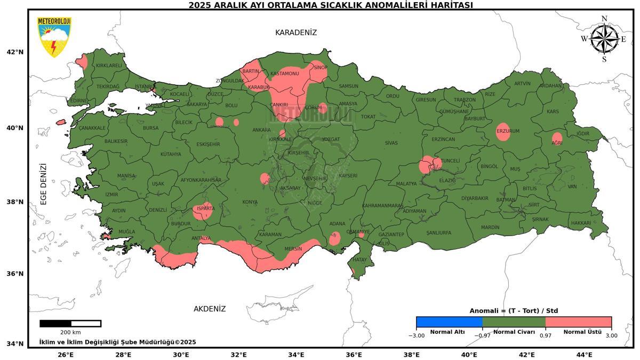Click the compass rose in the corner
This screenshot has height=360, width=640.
click(604, 39)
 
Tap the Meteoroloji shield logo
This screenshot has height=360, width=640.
click(53, 36)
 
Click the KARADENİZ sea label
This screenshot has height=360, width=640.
click(296, 33)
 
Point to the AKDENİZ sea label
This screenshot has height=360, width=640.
click(210, 309)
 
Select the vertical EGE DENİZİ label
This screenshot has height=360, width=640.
click(44, 184)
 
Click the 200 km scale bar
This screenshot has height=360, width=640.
click(70, 323)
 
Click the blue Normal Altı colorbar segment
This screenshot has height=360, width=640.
click(449, 322)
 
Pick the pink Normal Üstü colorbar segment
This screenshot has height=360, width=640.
click(578, 322)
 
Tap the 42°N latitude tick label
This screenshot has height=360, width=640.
click(15, 52)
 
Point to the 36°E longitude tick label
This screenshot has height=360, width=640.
click(354, 355)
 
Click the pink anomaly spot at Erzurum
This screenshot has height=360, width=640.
click(503, 132)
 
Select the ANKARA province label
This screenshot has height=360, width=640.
click(261, 130)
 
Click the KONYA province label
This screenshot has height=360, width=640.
click(250, 202)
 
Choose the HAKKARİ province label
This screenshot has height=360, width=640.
click(581, 223)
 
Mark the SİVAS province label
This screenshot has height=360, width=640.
click(391, 143)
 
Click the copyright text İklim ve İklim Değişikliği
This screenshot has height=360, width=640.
click(117, 342)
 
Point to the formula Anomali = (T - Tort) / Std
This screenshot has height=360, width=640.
click(514, 310)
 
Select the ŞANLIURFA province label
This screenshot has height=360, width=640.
click(438, 233)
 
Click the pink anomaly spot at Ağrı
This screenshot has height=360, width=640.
click(557, 139)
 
